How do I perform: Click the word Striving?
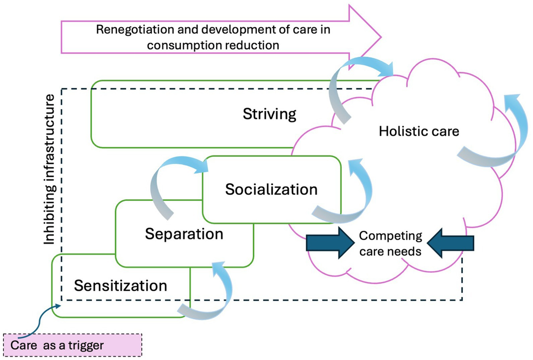(269, 114)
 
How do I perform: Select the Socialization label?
(271, 190)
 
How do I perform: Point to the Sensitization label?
(121, 285)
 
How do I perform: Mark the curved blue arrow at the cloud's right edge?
(497, 133)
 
